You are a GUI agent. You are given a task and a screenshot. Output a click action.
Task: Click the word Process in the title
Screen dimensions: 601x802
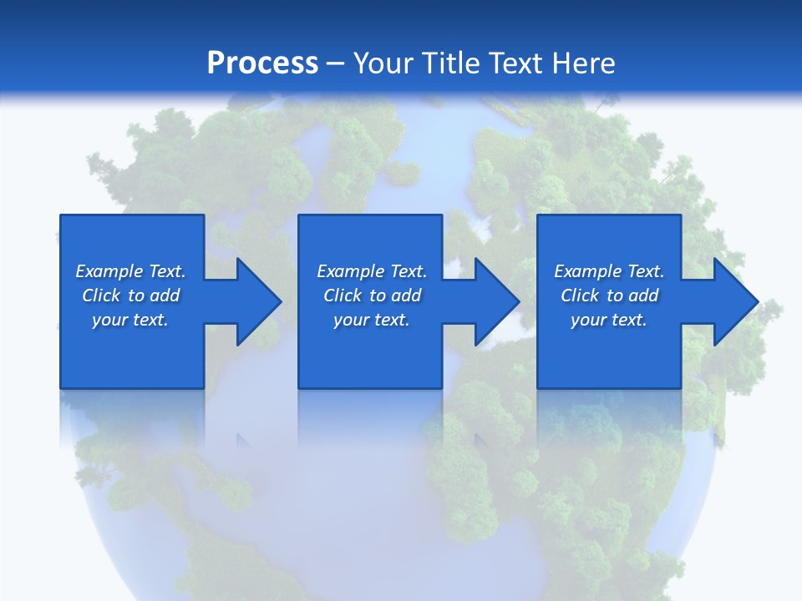(x=262, y=63)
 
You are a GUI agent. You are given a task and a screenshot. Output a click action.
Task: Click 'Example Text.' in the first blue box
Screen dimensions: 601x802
(x=130, y=271)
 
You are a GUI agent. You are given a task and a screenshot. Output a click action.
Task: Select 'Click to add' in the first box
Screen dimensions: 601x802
(x=130, y=295)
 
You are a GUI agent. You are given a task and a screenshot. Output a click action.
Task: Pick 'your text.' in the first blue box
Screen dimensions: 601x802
(x=130, y=320)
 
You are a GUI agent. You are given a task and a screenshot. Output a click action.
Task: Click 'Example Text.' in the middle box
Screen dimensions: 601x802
(x=372, y=271)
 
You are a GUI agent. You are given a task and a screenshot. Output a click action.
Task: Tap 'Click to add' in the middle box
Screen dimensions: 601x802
(x=372, y=295)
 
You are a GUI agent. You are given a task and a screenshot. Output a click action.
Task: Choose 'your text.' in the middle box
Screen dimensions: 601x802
(x=372, y=320)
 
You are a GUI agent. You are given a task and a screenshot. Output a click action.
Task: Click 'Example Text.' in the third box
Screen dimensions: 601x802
(x=609, y=271)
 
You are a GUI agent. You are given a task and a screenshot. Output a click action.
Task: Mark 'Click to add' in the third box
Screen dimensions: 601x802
(x=609, y=295)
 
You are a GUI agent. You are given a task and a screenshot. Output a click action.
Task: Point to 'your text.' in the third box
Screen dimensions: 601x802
(x=609, y=320)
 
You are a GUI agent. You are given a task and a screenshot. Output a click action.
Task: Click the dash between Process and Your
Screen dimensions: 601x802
(x=335, y=63)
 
